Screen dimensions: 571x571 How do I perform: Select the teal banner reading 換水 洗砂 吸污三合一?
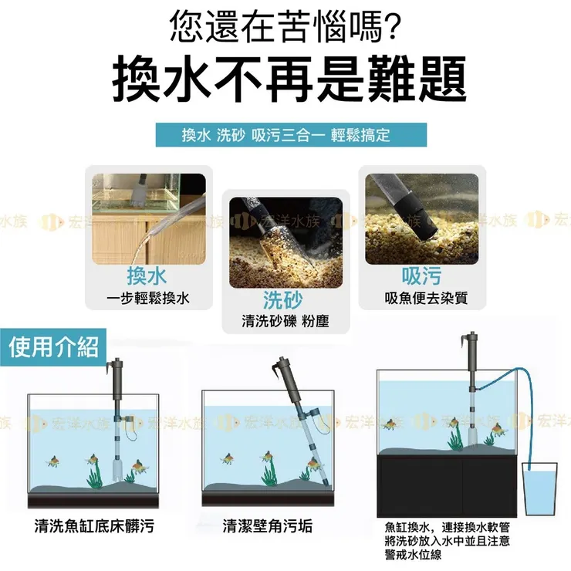[285, 135]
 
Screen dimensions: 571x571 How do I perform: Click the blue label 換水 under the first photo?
[147, 275]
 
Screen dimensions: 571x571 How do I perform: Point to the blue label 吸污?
[421, 275]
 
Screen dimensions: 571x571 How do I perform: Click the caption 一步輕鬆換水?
[147, 298]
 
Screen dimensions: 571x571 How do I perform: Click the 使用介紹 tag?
[54, 347]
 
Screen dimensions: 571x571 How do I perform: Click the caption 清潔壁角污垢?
[268, 528]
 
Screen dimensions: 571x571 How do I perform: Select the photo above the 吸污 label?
[421, 218]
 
